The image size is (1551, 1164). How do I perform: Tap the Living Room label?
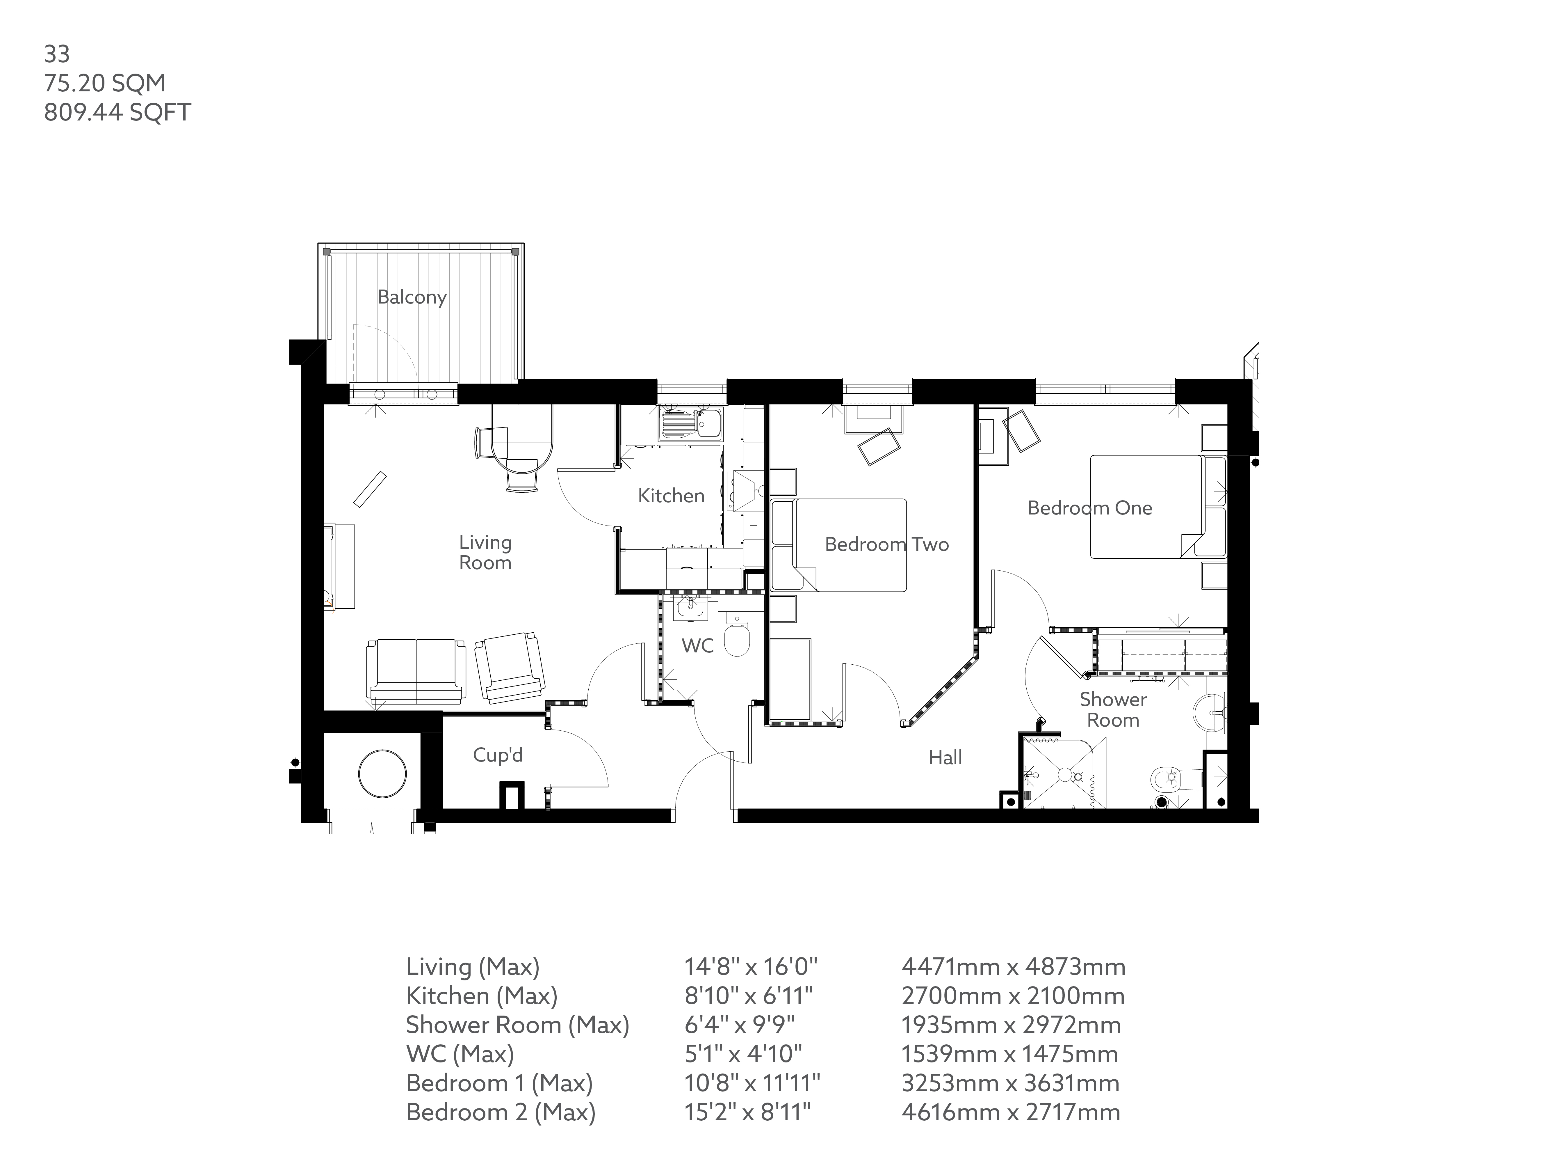click(485, 553)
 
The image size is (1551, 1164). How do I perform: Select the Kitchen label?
click(671, 496)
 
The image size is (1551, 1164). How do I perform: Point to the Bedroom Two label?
click(886, 544)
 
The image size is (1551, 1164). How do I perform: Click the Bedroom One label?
click(1090, 508)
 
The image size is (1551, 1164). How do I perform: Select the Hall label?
click(945, 758)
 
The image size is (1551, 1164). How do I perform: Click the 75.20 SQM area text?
click(105, 84)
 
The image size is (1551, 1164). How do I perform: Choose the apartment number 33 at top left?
click(57, 54)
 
